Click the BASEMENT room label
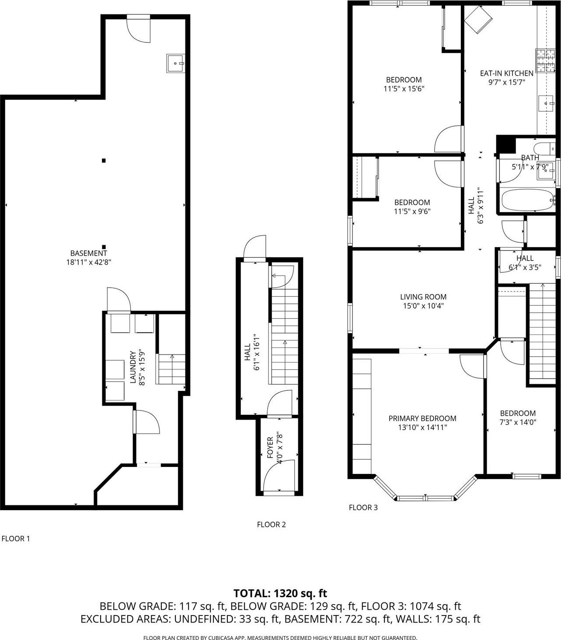pyautogui.click(x=89, y=253)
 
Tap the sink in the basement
pyautogui.click(x=176, y=63)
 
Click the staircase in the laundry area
pyautogui.click(x=171, y=369)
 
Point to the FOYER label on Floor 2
pyautogui.click(x=270, y=447)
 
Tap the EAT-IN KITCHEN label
pyautogui.click(x=506, y=73)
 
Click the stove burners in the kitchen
pyautogui.click(x=545, y=61)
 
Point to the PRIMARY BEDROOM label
pyautogui.click(x=422, y=418)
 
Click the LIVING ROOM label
pyautogui.click(x=423, y=297)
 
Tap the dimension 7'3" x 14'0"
pyautogui.click(x=518, y=422)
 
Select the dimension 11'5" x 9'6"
pyautogui.click(x=412, y=212)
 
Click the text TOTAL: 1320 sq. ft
pyautogui.click(x=280, y=593)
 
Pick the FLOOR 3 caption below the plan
pyautogui.click(x=363, y=508)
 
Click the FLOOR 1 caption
pyautogui.click(x=16, y=539)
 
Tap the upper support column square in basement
pyautogui.click(x=104, y=160)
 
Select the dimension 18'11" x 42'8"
pyautogui.click(x=89, y=262)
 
